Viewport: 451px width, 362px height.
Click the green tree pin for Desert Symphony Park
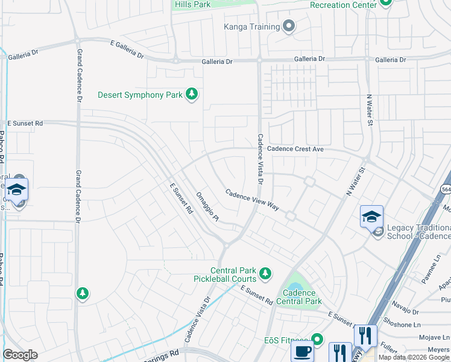coord(192,94)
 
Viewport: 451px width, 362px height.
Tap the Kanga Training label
coord(251,27)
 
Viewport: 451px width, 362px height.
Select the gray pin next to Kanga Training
coord(289,26)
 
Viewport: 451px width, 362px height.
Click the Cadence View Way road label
coord(252,200)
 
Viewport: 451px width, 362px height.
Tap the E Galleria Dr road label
coord(127,49)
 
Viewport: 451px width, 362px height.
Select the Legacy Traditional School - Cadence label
coord(418,232)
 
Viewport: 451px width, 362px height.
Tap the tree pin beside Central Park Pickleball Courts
coord(265,275)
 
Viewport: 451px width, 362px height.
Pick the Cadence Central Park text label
coord(300,297)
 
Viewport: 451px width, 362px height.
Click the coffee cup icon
coord(302,352)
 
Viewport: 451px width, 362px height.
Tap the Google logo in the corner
coord(20,355)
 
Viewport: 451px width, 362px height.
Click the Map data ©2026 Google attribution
coord(414,357)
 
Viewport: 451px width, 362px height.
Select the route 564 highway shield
coord(445,188)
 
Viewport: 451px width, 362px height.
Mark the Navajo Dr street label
coord(407,311)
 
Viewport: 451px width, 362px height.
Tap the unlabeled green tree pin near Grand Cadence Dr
coord(82,293)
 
